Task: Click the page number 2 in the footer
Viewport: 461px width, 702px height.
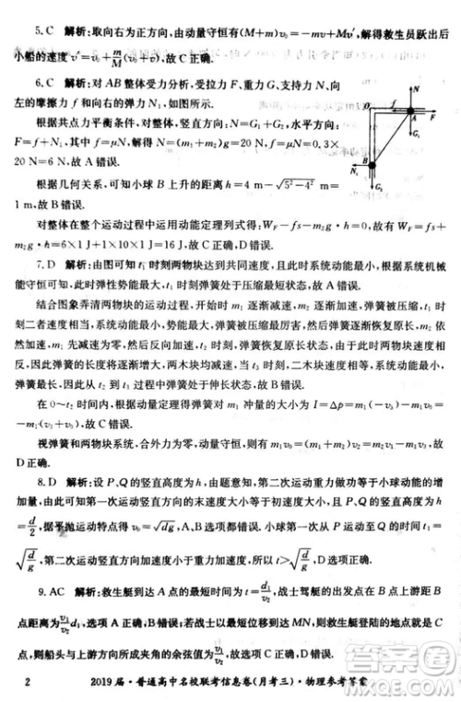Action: [29, 683]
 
